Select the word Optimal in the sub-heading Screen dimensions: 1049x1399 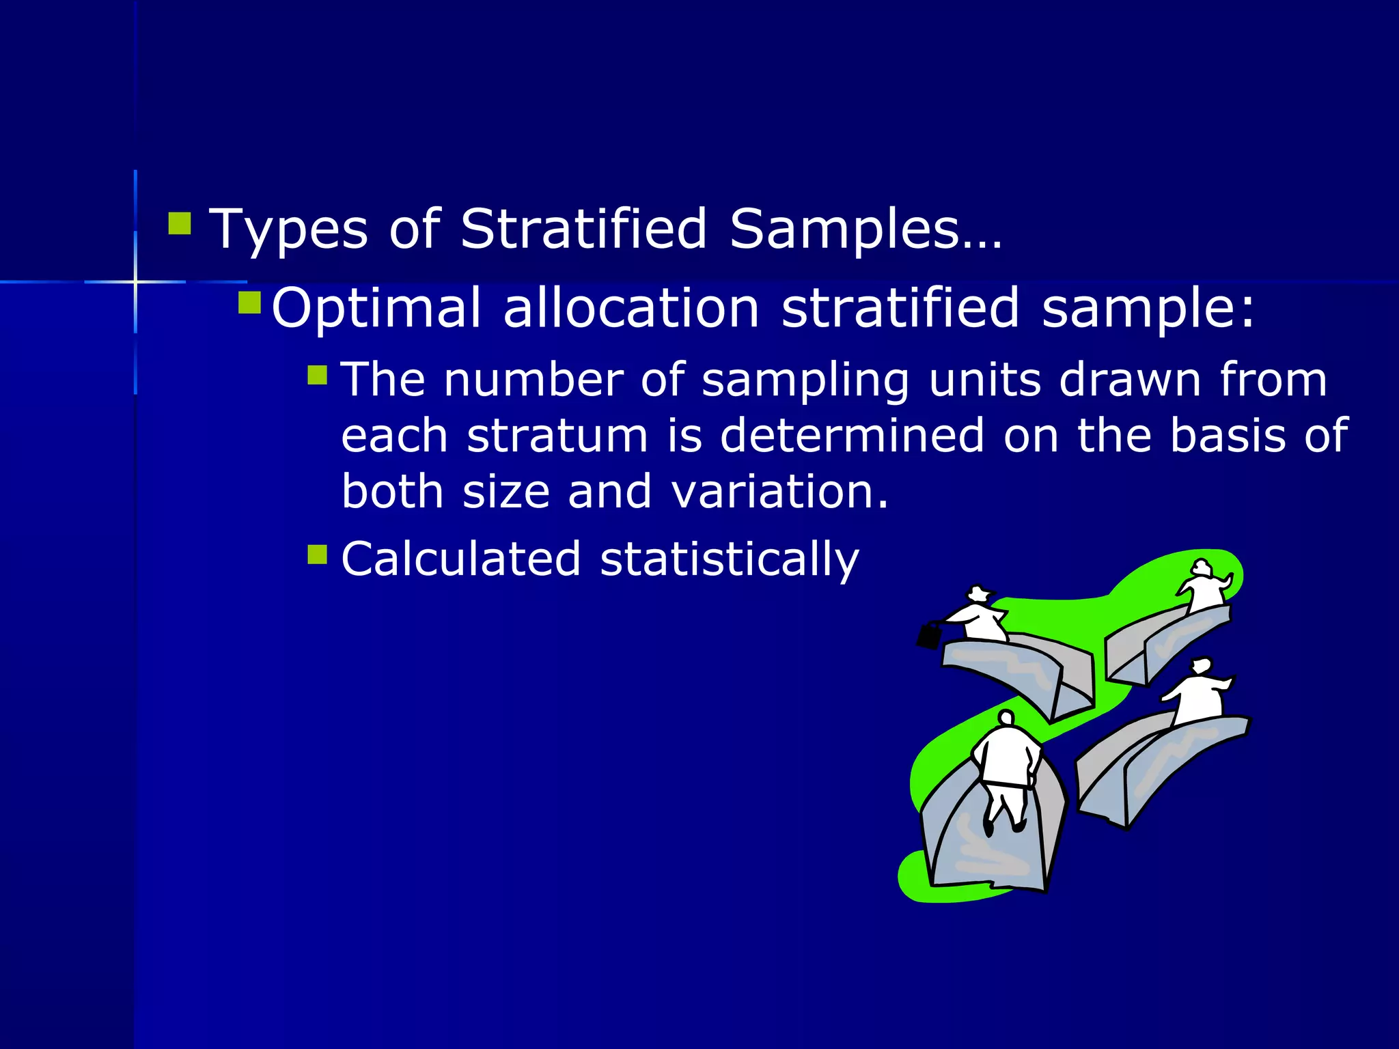click(x=376, y=308)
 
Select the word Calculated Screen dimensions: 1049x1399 click(x=461, y=559)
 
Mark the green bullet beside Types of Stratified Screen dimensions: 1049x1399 click(x=180, y=223)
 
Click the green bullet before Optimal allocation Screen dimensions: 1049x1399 click(x=249, y=302)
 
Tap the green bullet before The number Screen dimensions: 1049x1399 click(x=318, y=374)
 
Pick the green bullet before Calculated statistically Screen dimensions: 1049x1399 click(x=318, y=553)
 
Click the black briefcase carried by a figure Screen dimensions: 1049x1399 click(x=929, y=636)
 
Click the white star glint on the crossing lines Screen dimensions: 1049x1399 click(x=135, y=281)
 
